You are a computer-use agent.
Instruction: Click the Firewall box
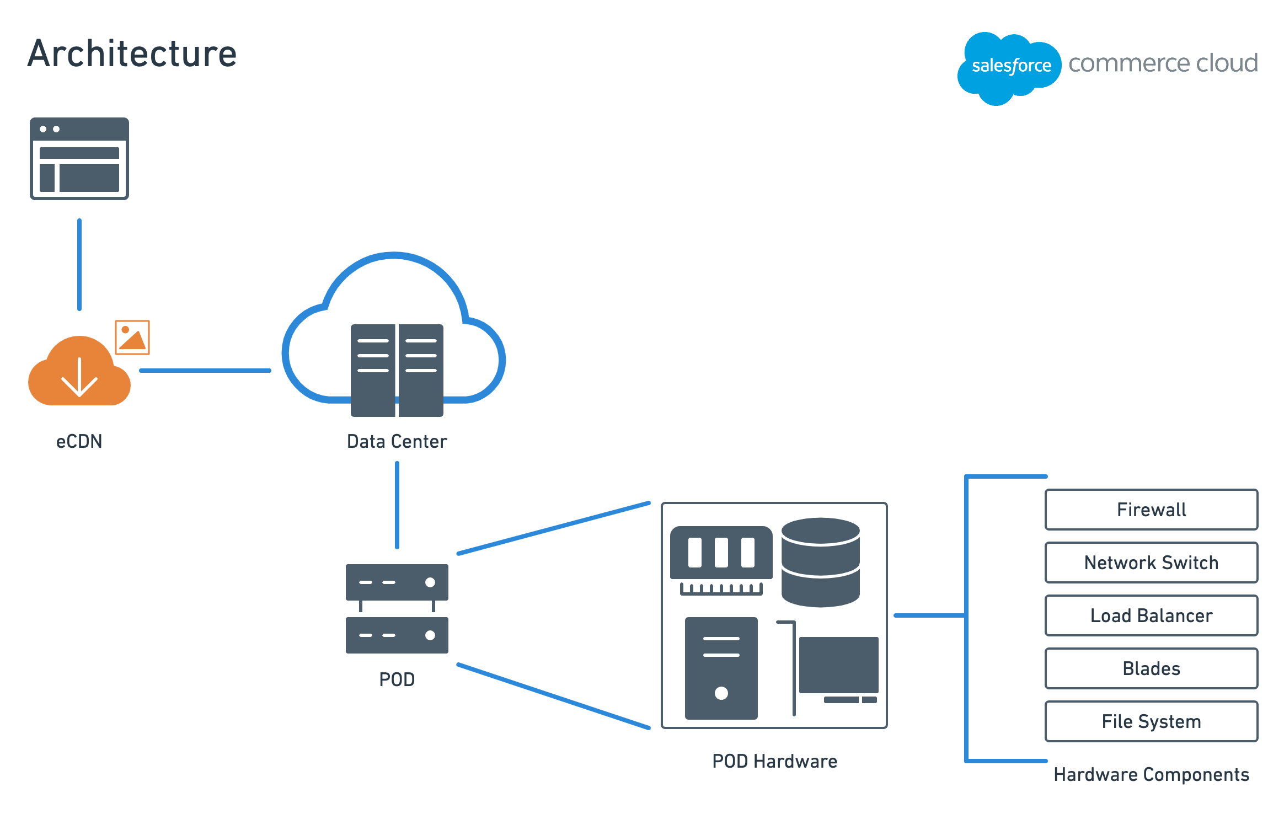point(1151,510)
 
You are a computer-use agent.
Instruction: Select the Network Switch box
point(1151,563)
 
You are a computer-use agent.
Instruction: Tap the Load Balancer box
point(1151,615)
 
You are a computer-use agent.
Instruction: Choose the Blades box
point(1151,668)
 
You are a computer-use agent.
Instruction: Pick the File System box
point(1151,721)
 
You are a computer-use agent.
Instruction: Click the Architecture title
point(132,53)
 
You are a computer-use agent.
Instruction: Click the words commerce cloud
point(1163,63)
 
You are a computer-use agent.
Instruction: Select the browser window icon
point(79,158)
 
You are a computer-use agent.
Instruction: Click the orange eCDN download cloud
point(79,371)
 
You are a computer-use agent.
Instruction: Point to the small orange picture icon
point(132,337)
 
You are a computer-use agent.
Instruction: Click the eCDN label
point(79,441)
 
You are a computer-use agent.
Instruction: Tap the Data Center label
point(397,441)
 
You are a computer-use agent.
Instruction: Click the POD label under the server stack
point(397,679)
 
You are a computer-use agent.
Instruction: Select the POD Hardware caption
point(775,761)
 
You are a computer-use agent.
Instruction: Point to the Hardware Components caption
point(1152,775)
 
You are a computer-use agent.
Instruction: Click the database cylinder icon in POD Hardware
point(821,563)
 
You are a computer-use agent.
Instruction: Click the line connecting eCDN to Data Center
point(205,371)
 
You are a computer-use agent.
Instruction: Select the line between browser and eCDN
point(79,265)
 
